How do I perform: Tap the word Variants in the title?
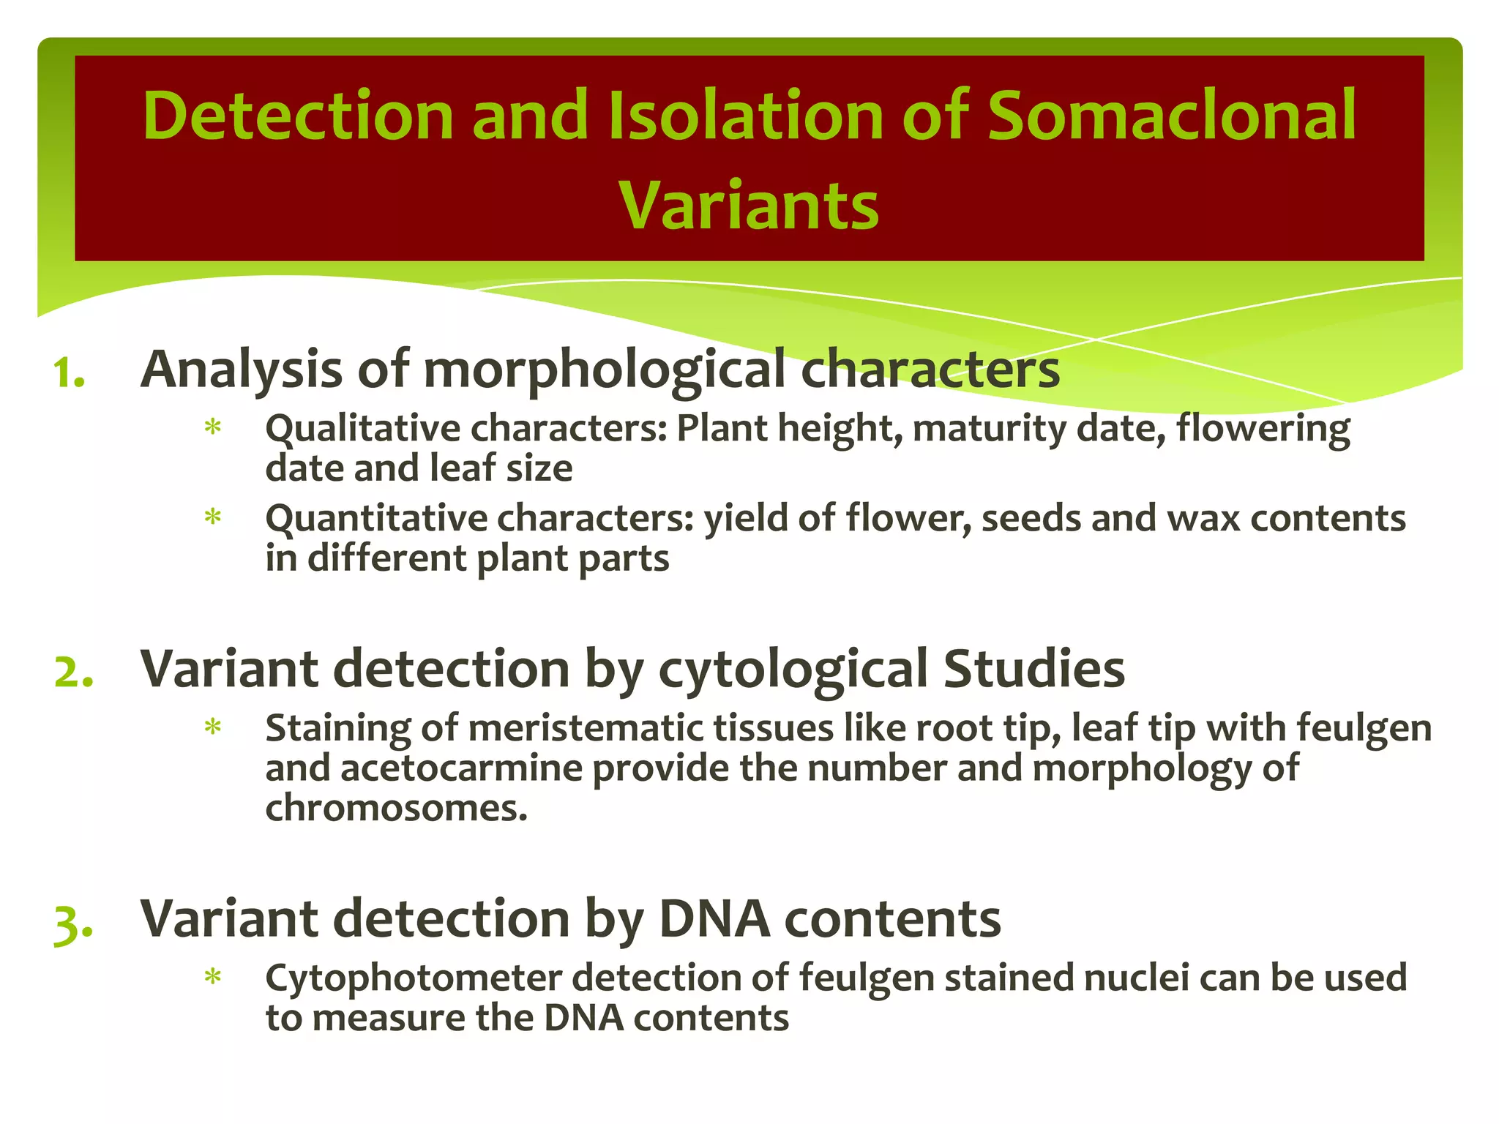click(748, 206)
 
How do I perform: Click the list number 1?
click(70, 374)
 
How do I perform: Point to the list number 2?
click(74, 672)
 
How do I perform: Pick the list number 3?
click(74, 923)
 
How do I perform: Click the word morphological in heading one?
click(604, 371)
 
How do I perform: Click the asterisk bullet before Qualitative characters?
click(213, 427)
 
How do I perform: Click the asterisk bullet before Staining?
click(213, 728)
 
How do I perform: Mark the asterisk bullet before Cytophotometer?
click(213, 978)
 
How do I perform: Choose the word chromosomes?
click(395, 809)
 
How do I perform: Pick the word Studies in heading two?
click(1033, 670)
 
